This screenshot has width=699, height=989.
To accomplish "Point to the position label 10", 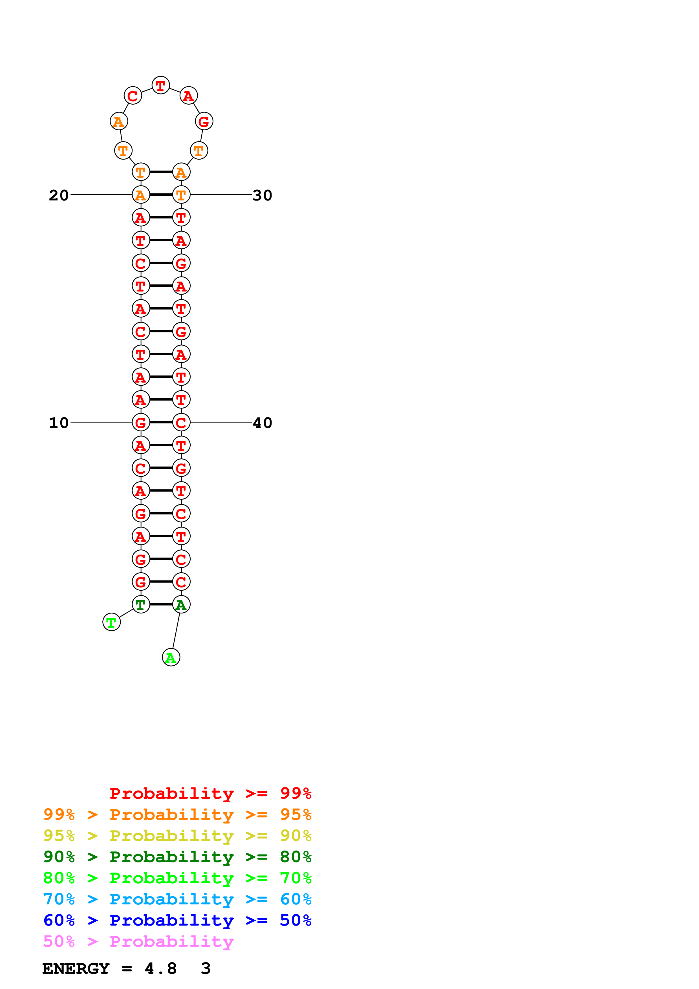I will [x=59, y=423].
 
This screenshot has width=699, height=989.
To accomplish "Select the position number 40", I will [x=262, y=423].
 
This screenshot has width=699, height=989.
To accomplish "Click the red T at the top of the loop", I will [x=161, y=85].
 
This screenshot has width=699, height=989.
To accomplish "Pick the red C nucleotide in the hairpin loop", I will [x=133, y=96].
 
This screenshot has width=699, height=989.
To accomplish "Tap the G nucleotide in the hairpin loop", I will [x=204, y=122].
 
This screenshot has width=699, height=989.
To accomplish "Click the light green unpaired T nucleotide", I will [x=112, y=622].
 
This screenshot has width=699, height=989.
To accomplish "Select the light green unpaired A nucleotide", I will [x=171, y=658].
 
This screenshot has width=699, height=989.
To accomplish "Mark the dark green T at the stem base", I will [x=140, y=604].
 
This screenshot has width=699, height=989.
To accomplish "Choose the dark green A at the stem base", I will [x=181, y=604].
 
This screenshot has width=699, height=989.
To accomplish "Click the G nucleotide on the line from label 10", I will [x=140, y=423].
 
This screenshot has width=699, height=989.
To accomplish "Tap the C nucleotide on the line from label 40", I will [x=181, y=423].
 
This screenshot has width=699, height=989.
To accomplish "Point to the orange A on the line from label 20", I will [x=140, y=195].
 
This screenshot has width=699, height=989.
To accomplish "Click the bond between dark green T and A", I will [x=161, y=604].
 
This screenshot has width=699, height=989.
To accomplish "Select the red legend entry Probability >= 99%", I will [x=210, y=793].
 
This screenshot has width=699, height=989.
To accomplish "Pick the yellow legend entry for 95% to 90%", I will [x=177, y=835].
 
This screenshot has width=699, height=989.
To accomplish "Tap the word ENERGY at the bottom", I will [x=76, y=968].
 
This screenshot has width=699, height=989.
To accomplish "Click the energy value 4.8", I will [x=161, y=968].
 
